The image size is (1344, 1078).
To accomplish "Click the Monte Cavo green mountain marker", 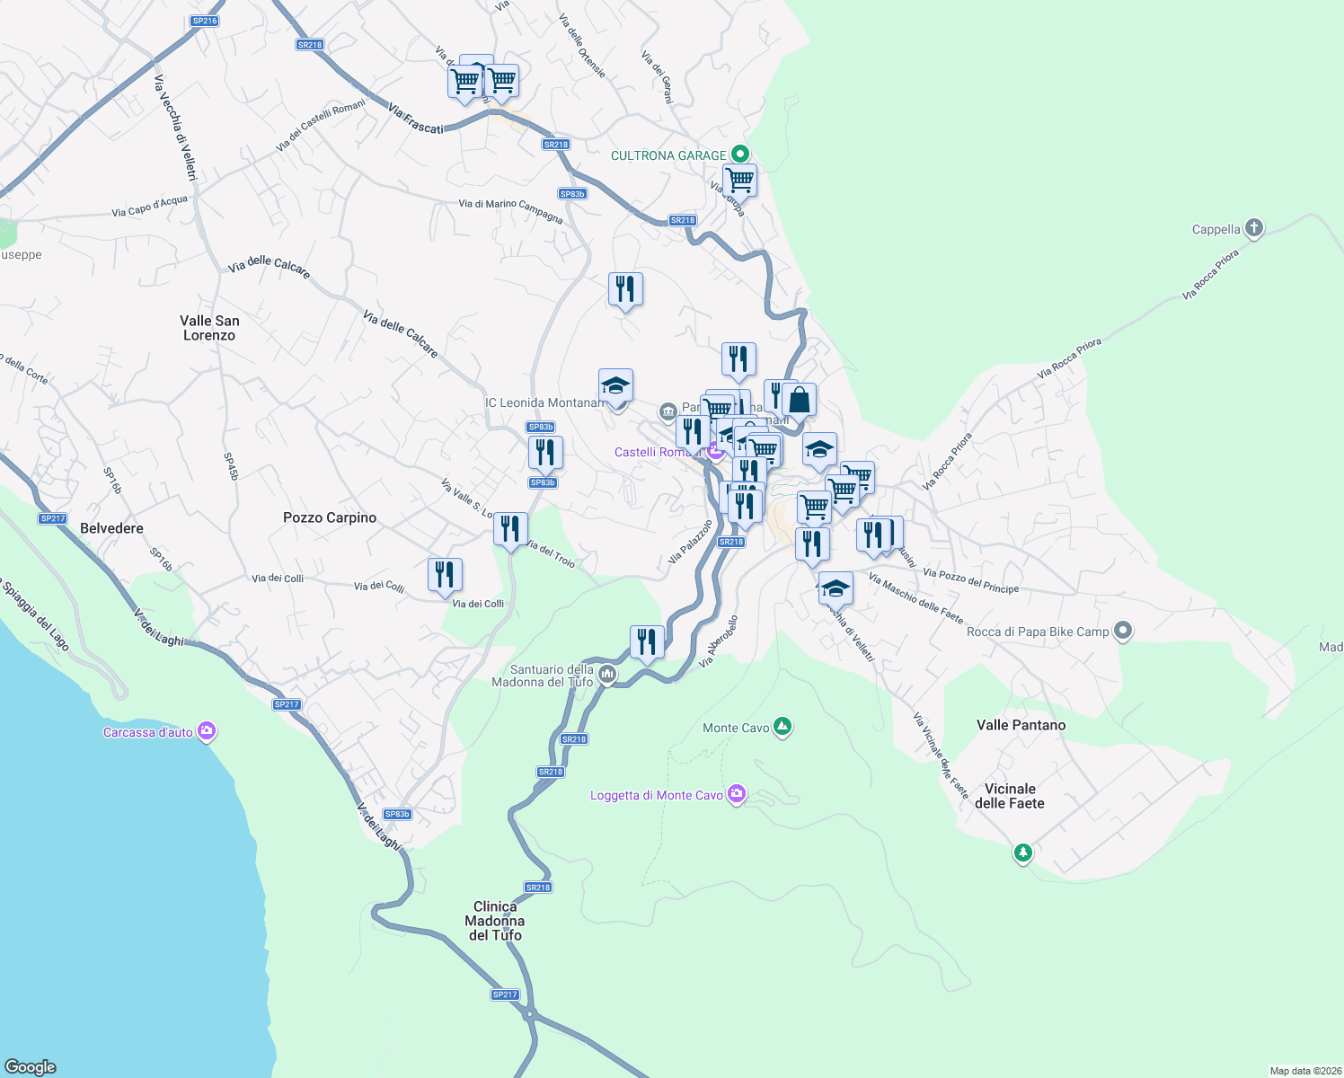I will click(783, 727).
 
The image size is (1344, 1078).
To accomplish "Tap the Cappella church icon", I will click(1254, 228).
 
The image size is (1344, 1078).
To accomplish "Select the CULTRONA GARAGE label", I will click(668, 155).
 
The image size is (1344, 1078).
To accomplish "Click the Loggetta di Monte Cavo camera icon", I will click(737, 794).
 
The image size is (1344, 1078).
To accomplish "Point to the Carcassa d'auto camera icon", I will click(207, 731).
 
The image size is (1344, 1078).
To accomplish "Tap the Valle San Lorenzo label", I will click(209, 328).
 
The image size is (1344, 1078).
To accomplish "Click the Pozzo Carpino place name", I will click(330, 517).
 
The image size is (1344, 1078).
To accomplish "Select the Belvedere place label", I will click(111, 528).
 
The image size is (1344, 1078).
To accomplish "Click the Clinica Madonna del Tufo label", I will click(495, 921).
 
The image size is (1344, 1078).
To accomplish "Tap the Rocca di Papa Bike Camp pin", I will click(1122, 631).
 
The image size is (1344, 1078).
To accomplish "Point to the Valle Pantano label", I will click(1021, 725).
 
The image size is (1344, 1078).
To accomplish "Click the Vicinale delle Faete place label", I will click(1010, 796).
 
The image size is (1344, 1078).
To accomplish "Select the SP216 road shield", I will click(205, 21).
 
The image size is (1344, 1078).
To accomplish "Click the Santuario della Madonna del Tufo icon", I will click(607, 674).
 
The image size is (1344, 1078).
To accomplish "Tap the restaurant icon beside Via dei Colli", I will click(445, 575).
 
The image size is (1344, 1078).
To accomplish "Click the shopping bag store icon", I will click(799, 400).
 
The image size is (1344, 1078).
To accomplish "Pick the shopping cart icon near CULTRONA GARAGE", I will click(739, 180).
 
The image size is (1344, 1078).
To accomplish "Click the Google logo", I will click(31, 1066).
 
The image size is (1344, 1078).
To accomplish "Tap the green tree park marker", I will click(1022, 852).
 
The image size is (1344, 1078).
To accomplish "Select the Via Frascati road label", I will click(416, 119).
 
